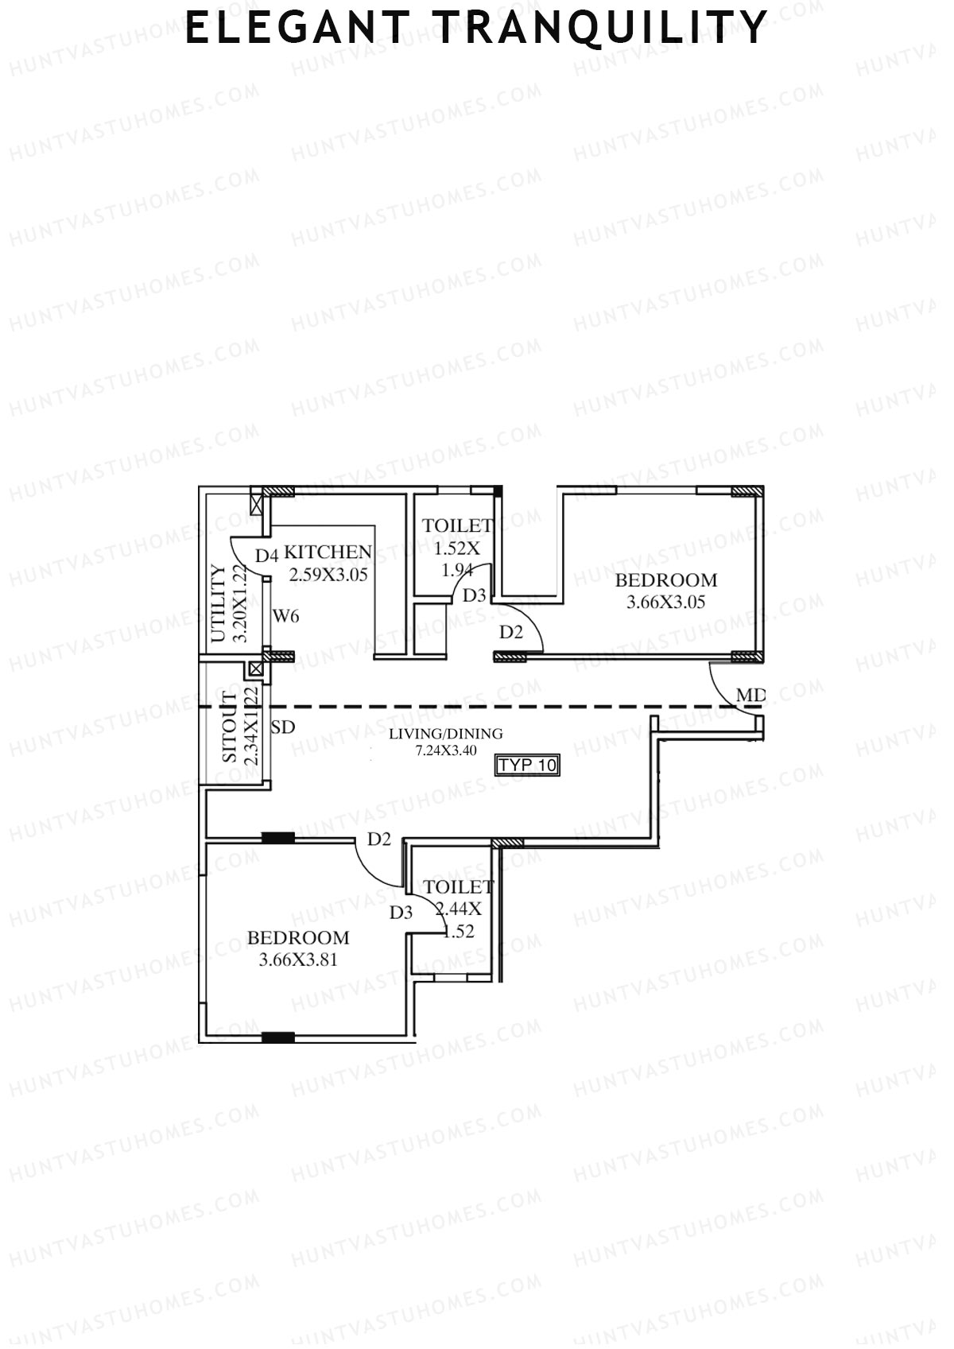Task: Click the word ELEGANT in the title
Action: coord(298,28)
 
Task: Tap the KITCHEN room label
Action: coord(328,552)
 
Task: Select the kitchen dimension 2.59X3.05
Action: coord(328,574)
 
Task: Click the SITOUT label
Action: coord(229,727)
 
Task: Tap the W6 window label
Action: coord(285,616)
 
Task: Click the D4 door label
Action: coord(266,555)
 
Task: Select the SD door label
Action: coord(283,727)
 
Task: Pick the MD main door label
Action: coord(750,696)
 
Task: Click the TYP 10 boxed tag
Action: coord(528,766)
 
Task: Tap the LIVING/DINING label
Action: coord(445,734)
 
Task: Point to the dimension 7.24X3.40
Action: coord(445,750)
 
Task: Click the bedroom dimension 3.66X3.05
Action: coord(665,603)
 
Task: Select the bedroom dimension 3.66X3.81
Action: coord(298,959)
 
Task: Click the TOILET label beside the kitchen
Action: coord(457,525)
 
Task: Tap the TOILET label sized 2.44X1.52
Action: coord(459,886)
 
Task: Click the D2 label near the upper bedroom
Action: coord(511,633)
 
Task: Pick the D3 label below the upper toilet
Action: coord(474,595)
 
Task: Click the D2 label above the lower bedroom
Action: coord(379,839)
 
